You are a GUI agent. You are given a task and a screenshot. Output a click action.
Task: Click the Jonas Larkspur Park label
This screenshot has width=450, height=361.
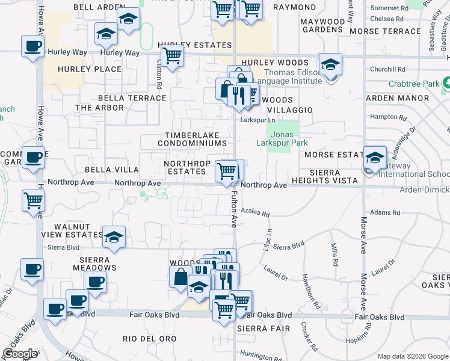tap(289, 138)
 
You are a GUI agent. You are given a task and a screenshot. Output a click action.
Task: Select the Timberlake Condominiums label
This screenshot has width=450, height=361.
tap(193, 139)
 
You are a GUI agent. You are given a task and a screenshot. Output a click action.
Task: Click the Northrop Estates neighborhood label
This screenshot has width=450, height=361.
tap(186, 167)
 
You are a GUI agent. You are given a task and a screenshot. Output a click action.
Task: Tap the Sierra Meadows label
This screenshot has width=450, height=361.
tap(93, 264)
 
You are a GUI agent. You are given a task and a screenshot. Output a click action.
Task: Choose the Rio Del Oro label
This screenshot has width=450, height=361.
tap(149, 339)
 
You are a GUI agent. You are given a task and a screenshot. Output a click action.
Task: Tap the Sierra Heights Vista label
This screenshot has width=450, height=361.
tap(325, 176)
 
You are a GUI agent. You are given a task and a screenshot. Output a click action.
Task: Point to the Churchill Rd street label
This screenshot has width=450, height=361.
tap(388, 69)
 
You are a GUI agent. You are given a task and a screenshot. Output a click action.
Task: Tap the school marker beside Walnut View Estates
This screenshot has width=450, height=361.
tap(113, 236)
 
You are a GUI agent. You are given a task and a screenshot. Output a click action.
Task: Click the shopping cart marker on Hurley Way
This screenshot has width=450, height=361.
tap(173, 55)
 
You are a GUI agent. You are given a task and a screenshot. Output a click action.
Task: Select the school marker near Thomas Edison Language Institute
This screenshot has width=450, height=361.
tap(330, 64)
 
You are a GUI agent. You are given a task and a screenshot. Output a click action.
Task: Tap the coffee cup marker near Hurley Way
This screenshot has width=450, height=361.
tap(32, 46)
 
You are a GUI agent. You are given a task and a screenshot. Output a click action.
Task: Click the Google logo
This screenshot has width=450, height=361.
tap(20, 354)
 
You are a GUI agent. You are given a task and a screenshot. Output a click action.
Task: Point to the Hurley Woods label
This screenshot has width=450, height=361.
tap(275, 63)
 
